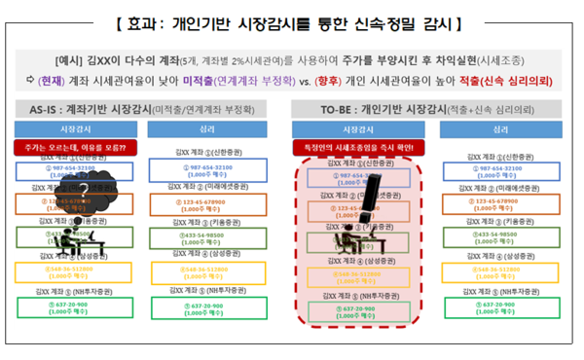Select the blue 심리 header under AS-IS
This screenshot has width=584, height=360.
(x=207, y=127)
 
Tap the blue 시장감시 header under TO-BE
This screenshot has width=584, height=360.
(x=358, y=127)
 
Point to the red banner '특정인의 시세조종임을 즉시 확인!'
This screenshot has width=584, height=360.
(x=359, y=147)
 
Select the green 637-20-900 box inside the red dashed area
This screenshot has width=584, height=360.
(x=359, y=308)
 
